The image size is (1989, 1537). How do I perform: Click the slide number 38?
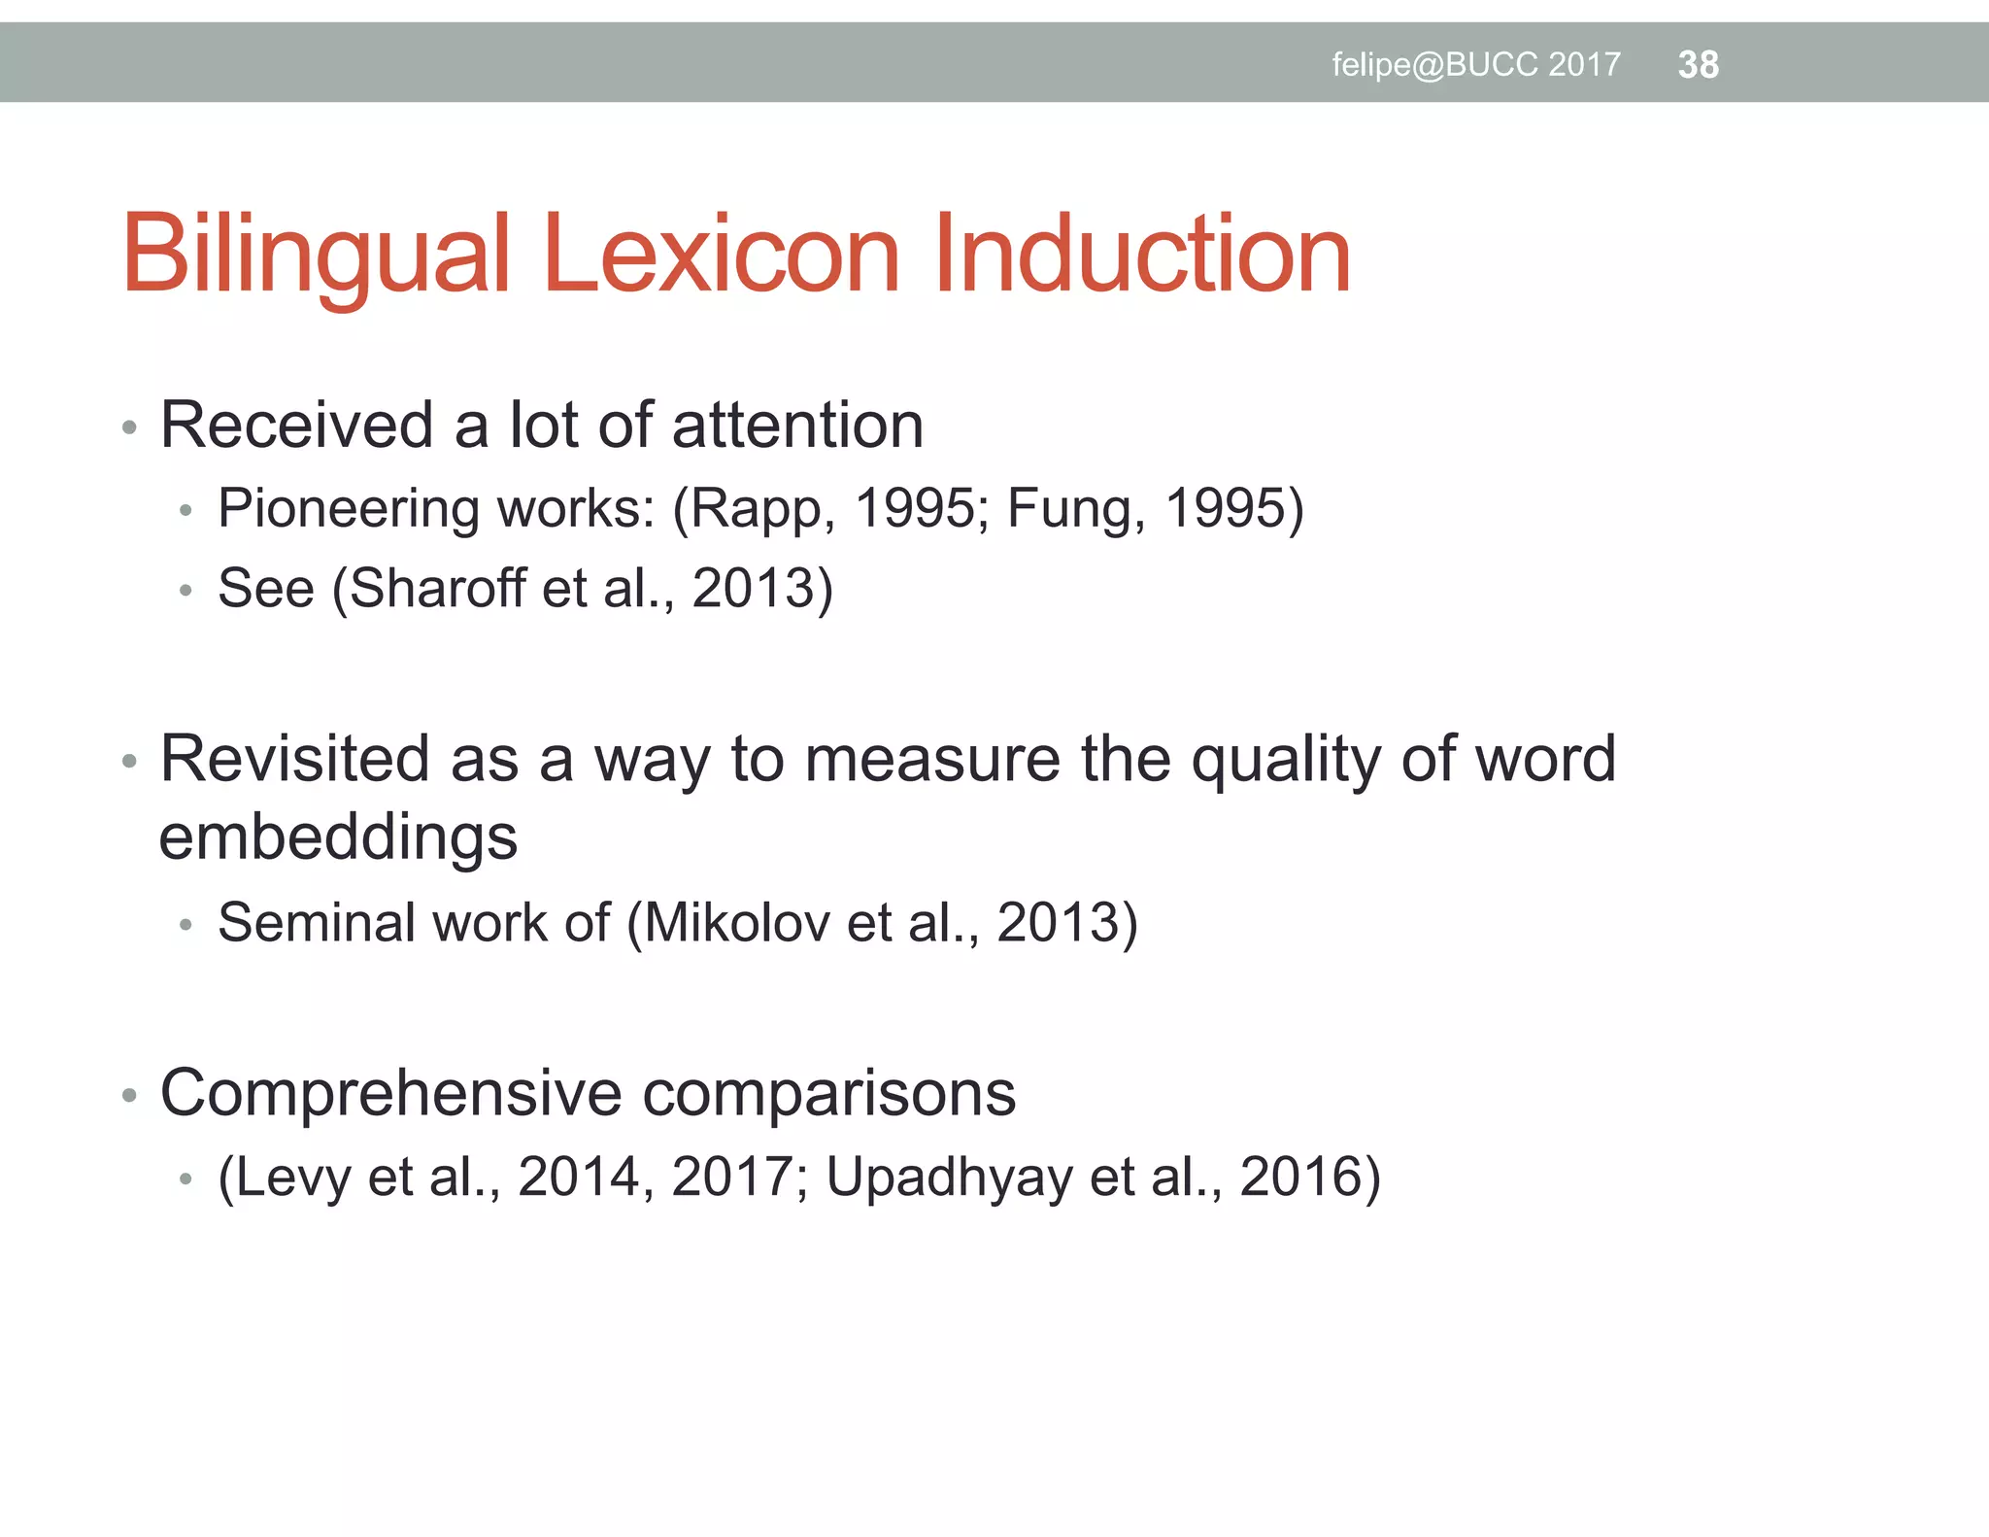point(1698,65)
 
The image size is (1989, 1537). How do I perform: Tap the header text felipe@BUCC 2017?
point(1475,65)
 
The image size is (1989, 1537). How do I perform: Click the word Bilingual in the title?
point(316,255)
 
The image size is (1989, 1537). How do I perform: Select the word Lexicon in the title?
point(722,255)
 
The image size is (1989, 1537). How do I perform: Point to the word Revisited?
point(294,759)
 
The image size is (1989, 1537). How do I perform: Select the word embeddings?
point(338,838)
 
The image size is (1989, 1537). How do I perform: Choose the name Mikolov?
point(736,922)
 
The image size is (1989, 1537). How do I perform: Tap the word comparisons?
point(829,1094)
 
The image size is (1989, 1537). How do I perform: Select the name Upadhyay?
point(949,1178)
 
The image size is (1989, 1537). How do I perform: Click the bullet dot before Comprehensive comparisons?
point(130,1096)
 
